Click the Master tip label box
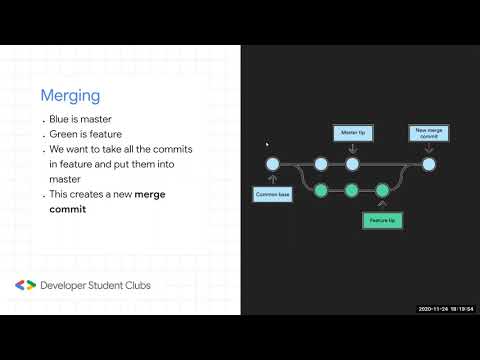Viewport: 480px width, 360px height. point(352,131)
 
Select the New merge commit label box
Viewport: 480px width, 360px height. point(428,132)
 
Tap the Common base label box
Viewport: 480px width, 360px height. point(272,195)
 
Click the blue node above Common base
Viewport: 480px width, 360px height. point(271,164)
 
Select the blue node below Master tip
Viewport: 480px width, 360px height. point(352,164)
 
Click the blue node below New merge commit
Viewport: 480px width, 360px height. point(428,164)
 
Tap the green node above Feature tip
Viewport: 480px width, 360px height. point(381,189)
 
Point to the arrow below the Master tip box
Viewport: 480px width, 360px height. point(352,148)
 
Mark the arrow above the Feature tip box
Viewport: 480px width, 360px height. point(381,205)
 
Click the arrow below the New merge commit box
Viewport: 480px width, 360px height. point(428,148)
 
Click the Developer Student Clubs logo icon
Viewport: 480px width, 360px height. point(25,285)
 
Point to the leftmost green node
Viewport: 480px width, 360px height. point(320,189)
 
